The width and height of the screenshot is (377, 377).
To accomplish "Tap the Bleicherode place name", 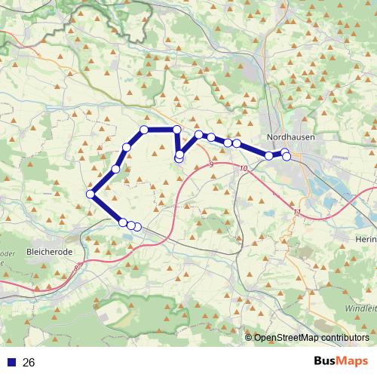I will point(48,250).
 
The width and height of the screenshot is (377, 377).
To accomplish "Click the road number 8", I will point(76,267).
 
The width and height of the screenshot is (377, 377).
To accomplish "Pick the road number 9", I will point(212,164).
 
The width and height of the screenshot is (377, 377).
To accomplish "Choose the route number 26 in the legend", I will point(29,363).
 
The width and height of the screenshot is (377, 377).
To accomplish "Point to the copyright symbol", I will point(249,338).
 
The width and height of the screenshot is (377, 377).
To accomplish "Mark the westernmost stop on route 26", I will point(90,194).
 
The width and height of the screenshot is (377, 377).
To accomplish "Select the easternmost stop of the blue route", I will point(287,155).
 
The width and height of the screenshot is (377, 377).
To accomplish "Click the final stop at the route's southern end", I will point(137,226).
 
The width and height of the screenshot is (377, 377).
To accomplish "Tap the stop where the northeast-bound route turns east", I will point(144,130).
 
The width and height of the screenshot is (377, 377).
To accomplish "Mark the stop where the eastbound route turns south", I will point(177,130).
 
